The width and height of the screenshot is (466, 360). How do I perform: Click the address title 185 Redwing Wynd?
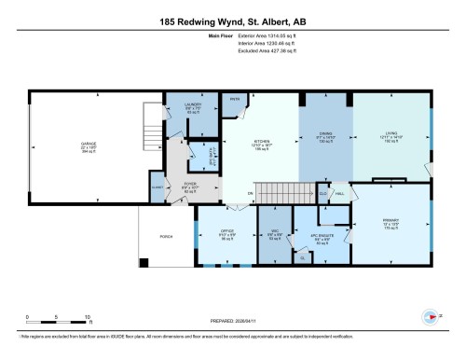click(233, 21)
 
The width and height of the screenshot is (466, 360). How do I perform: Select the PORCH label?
click(167, 237)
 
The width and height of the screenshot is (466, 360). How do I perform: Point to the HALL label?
click(340, 194)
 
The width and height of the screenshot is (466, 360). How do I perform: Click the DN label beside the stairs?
click(250, 193)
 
